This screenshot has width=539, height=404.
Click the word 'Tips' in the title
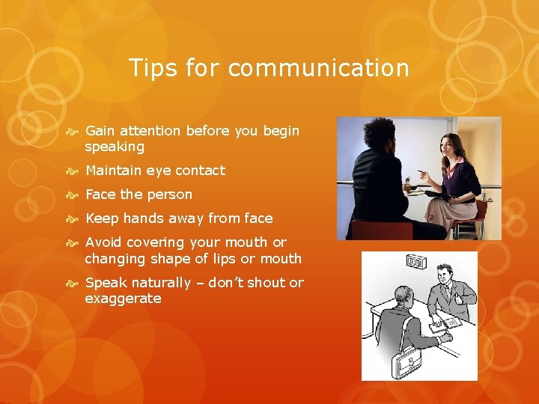click(152, 68)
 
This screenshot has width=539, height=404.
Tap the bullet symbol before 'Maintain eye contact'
click(74, 171)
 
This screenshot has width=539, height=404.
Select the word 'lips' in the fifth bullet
click(234, 259)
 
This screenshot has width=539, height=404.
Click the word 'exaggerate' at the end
click(123, 299)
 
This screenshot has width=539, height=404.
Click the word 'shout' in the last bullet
click(264, 283)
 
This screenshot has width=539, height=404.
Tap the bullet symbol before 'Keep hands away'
click(74, 218)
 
